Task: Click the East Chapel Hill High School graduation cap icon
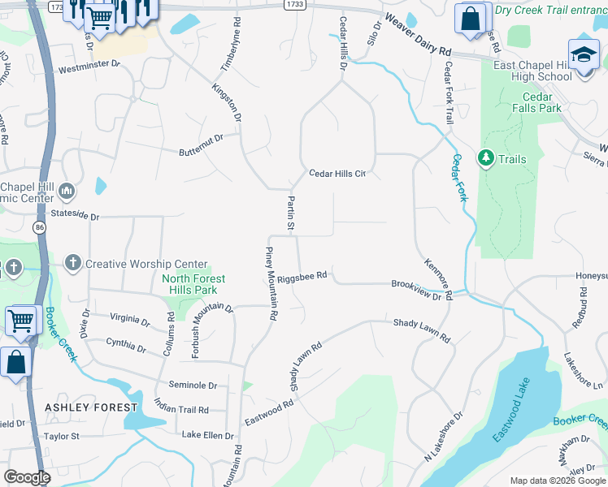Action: pyautogui.click(x=583, y=54)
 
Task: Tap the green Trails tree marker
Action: pyautogui.click(x=486, y=157)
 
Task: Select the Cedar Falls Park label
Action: pyautogui.click(x=536, y=102)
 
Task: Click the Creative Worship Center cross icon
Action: pyautogui.click(x=72, y=263)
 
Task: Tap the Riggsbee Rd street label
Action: pyautogui.click(x=302, y=276)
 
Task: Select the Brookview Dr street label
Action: pyautogui.click(x=420, y=291)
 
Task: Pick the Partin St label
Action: pyautogui.click(x=289, y=213)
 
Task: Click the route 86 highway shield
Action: pyautogui.click(x=39, y=230)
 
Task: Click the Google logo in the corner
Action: pyautogui.click(x=27, y=476)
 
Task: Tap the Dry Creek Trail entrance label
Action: pyautogui.click(x=550, y=10)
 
